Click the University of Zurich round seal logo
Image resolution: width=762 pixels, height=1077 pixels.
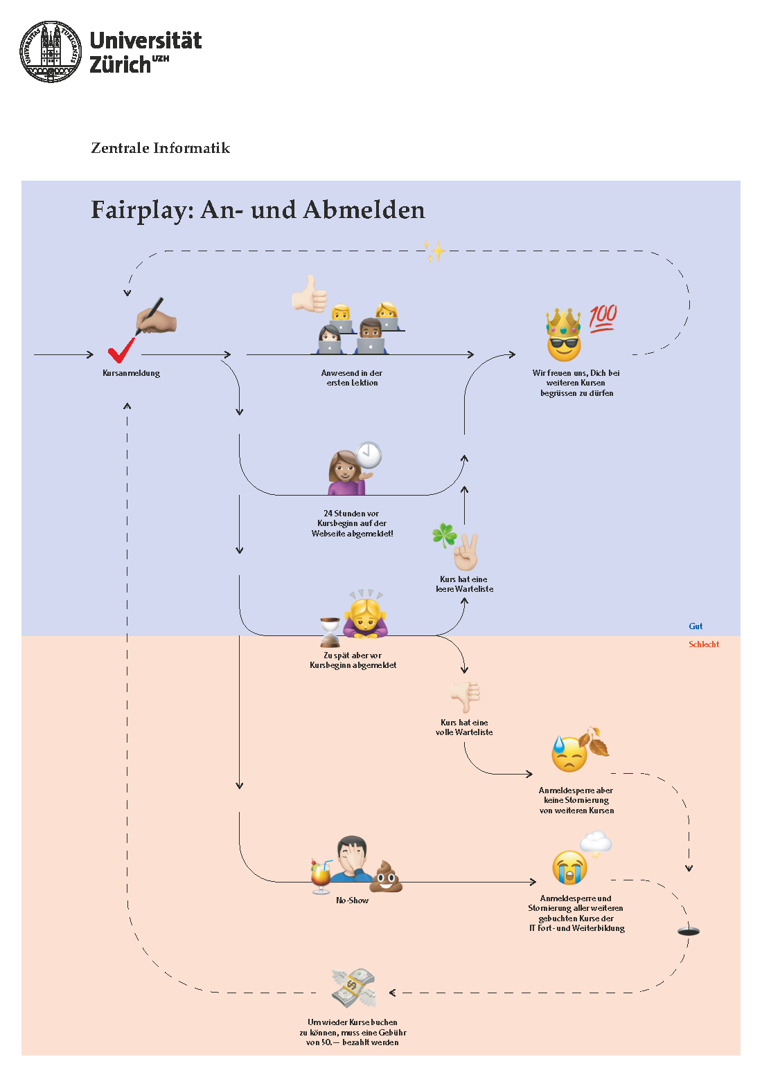click(51, 52)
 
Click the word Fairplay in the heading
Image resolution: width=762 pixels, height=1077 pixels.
click(142, 210)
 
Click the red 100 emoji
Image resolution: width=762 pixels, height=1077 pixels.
click(603, 318)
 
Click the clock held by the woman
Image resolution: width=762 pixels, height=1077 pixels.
click(369, 455)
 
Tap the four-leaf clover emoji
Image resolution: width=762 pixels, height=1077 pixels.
click(444, 534)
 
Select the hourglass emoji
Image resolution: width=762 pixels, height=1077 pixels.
click(330, 631)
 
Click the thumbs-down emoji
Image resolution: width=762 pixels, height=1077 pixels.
click(465, 696)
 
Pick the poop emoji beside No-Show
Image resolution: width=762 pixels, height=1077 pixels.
click(386, 876)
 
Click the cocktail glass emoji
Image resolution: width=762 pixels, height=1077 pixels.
click(320, 876)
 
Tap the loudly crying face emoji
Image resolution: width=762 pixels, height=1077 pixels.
click(569, 867)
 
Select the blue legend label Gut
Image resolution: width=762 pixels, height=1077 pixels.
click(695, 626)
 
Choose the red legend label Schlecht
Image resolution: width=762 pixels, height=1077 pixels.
click(704, 644)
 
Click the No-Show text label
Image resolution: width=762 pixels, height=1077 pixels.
click(352, 900)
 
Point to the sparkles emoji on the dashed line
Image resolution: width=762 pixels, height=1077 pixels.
click(434, 251)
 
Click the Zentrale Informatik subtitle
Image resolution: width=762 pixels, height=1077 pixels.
click(161, 148)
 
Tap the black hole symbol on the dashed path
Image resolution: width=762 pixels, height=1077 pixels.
click(688, 932)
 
